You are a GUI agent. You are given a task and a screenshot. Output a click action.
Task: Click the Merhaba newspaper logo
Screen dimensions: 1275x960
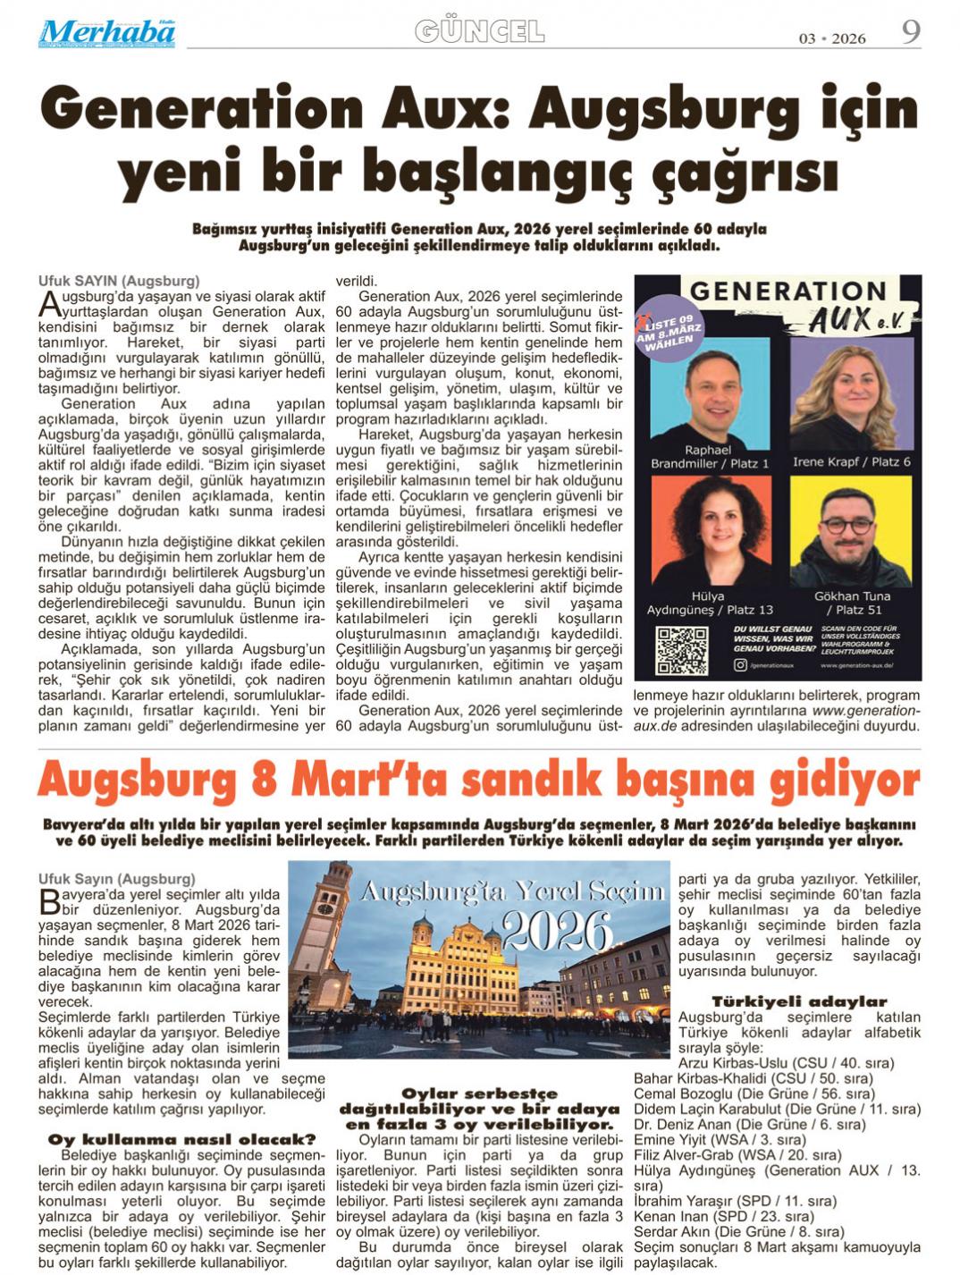106,32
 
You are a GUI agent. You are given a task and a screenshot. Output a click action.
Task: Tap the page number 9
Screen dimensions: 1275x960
910,32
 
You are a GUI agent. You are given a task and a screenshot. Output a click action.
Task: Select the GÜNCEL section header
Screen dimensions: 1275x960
480,32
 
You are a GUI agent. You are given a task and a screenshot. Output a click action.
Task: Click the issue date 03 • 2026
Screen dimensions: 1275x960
832,38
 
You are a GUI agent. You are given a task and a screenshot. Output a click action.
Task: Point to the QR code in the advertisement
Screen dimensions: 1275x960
682,650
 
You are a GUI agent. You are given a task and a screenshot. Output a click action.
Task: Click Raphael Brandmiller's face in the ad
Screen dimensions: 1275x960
706,384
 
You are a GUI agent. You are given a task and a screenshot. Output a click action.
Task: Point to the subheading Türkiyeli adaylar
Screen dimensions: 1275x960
799,1001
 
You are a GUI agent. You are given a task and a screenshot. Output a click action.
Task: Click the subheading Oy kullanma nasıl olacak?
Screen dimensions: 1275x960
181,1139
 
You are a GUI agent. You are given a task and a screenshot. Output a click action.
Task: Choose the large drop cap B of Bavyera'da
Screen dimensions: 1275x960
49,901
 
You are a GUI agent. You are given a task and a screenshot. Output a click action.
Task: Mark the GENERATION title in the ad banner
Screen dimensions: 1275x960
787,291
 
